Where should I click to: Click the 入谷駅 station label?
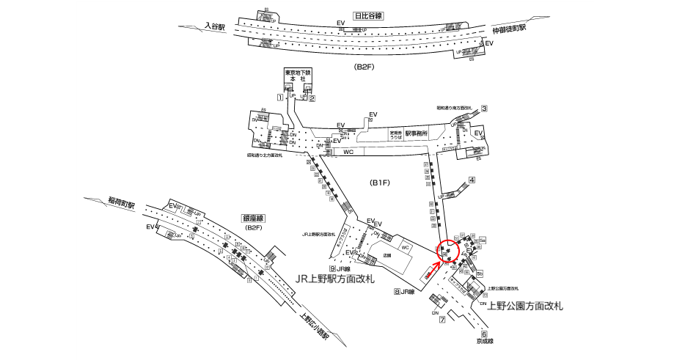215,26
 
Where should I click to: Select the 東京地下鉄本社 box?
298,77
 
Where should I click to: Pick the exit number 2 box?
312,98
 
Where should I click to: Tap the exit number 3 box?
484,109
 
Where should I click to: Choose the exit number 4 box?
472,180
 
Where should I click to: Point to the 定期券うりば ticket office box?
396,135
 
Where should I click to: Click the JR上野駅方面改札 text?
334,279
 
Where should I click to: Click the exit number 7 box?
442,320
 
